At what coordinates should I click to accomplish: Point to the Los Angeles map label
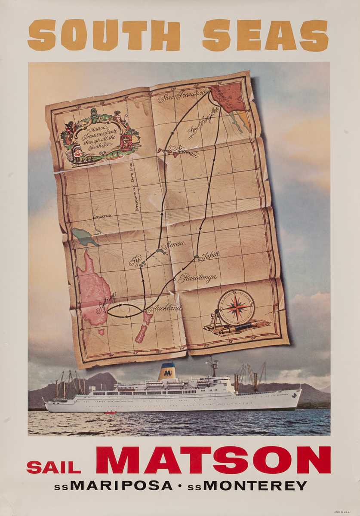[203, 123]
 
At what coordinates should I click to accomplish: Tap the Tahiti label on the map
[209, 256]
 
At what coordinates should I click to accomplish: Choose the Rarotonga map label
[197, 278]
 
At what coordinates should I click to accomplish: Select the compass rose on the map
[236, 307]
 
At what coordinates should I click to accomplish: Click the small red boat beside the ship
[111, 413]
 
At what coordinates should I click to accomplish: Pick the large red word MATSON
[213, 460]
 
